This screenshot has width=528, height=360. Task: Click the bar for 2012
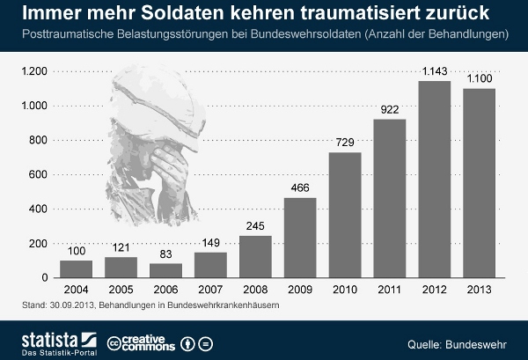(x=434, y=180)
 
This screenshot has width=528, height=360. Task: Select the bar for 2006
(x=165, y=270)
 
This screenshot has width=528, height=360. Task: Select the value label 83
(x=165, y=254)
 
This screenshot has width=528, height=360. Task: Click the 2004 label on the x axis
(x=75, y=290)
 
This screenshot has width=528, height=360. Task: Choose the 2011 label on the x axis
(x=389, y=290)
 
